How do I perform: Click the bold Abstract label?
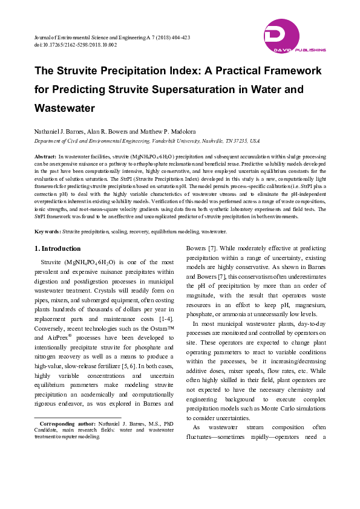pos(44,156)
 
